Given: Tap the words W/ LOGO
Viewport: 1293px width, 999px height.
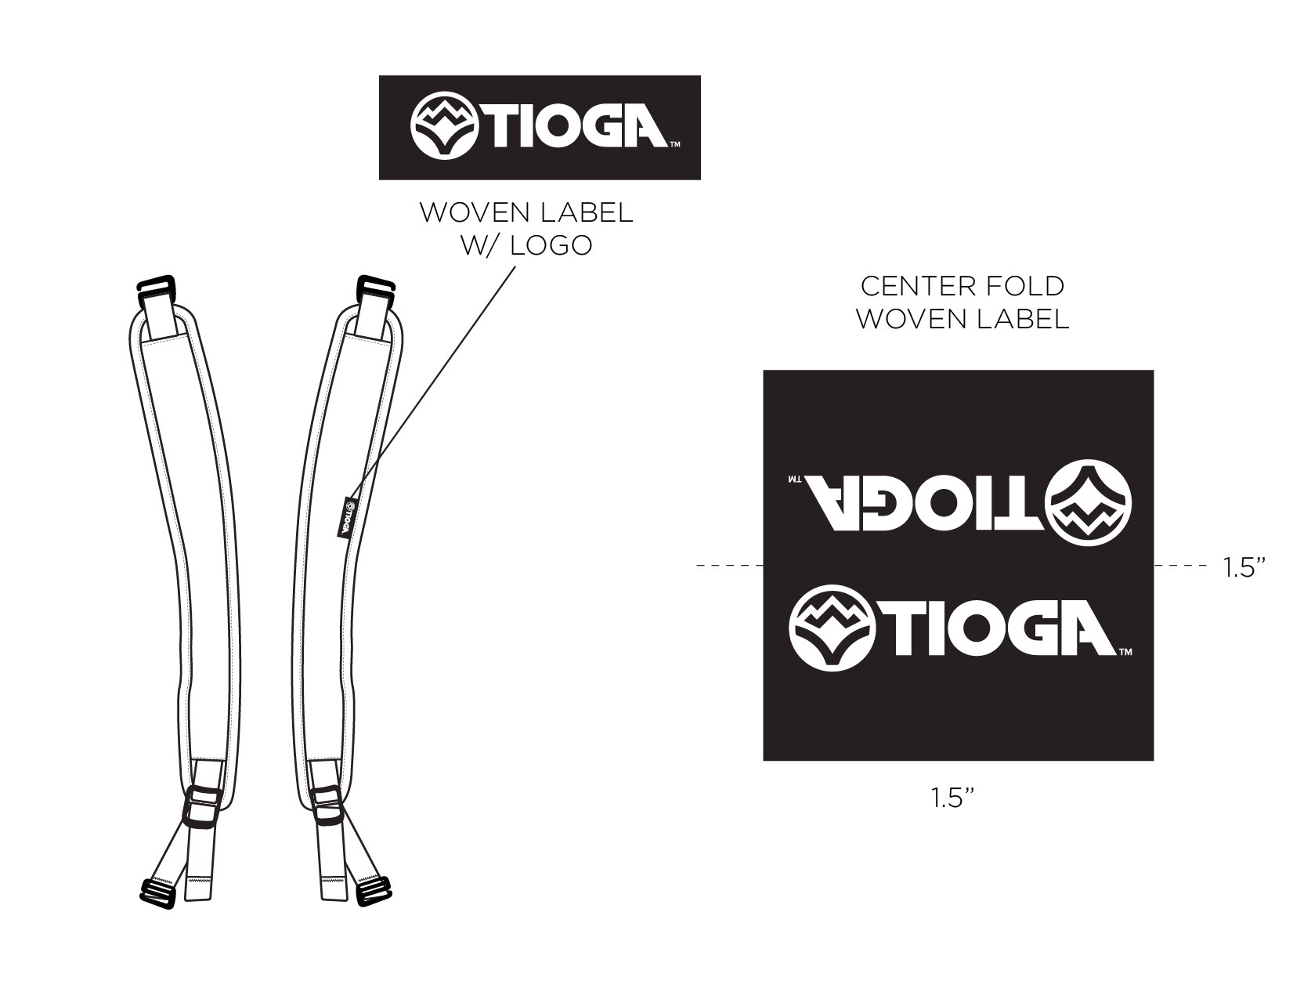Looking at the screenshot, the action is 526,245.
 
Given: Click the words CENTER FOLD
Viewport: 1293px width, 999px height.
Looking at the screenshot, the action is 962,287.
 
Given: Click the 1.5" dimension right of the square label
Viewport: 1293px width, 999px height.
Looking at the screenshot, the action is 1244,567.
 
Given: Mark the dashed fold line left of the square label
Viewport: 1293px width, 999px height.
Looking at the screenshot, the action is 728,564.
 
